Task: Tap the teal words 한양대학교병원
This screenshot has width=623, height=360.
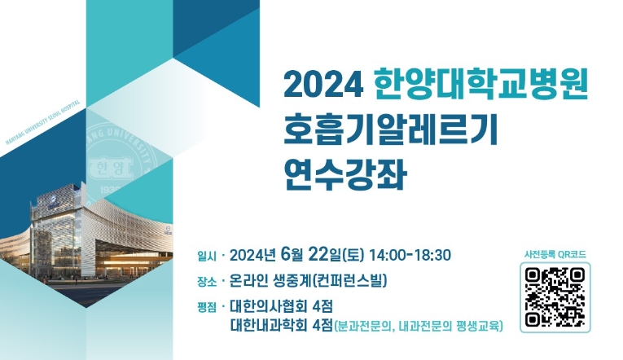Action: click(x=480, y=83)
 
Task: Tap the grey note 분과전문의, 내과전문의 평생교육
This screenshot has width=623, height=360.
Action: click(x=419, y=327)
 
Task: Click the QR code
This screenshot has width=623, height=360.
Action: click(x=555, y=297)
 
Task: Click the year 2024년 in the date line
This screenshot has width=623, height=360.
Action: click(x=255, y=255)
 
